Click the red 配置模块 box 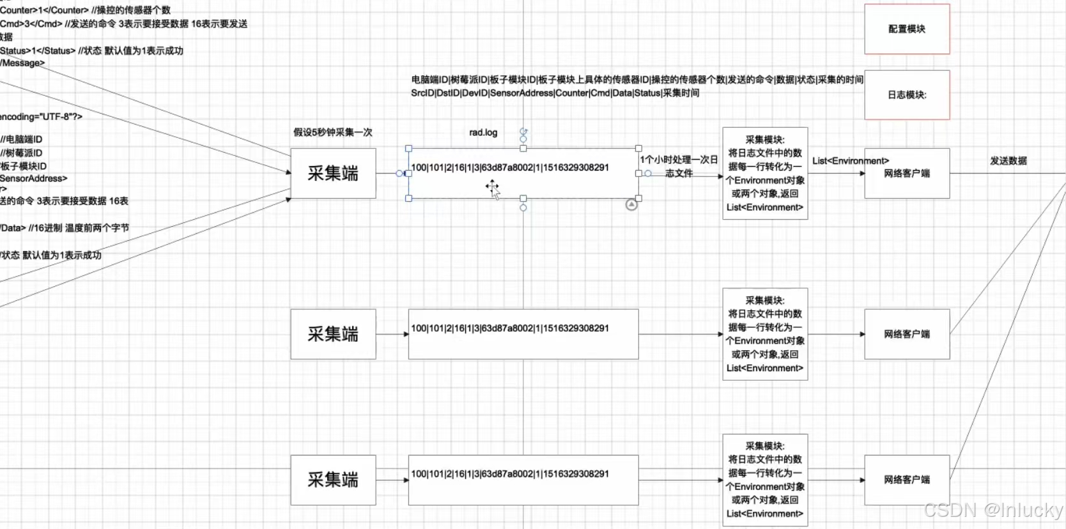coord(907,29)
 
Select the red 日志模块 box coord(907,95)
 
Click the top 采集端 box coord(333,173)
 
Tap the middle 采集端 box coord(333,334)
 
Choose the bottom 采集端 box coord(333,480)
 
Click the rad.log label coord(483,132)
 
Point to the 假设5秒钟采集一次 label coord(332,132)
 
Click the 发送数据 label coord(1008,161)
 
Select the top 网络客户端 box coord(907,173)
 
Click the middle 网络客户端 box coord(907,334)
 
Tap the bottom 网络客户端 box coord(907,480)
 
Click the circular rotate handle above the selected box coord(523,132)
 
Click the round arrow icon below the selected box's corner coord(631,204)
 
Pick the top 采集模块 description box coord(765,173)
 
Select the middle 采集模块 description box coord(765,334)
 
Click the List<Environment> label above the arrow coord(850,161)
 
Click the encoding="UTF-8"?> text coord(41,117)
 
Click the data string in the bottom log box coord(510,474)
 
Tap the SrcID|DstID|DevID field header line coord(555,93)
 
